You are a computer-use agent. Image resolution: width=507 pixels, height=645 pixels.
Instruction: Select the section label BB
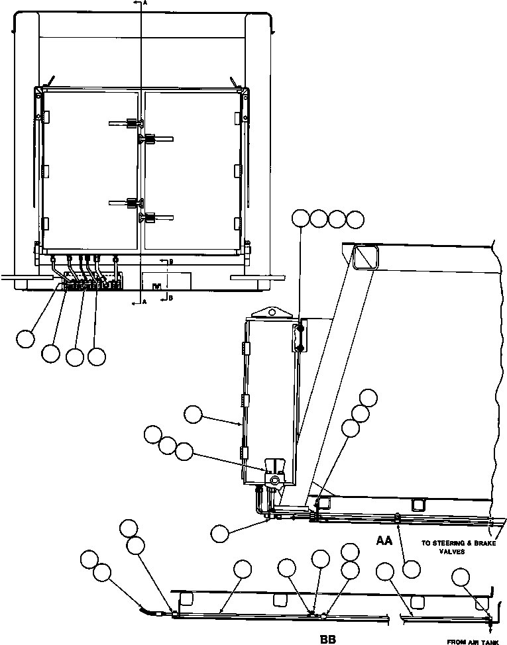point(327,639)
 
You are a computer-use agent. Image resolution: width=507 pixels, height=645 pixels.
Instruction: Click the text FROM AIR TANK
point(473,641)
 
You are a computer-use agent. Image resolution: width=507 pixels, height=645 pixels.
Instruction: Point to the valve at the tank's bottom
point(275,478)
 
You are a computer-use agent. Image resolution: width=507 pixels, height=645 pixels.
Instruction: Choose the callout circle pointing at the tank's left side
point(194,415)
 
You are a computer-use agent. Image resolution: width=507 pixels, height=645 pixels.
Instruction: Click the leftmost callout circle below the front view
point(25,338)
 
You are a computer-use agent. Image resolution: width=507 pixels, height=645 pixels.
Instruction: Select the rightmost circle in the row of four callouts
point(355,219)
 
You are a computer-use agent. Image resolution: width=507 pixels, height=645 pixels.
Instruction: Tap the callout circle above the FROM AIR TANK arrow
point(462,577)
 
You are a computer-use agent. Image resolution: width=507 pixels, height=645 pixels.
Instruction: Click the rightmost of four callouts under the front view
point(97,356)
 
